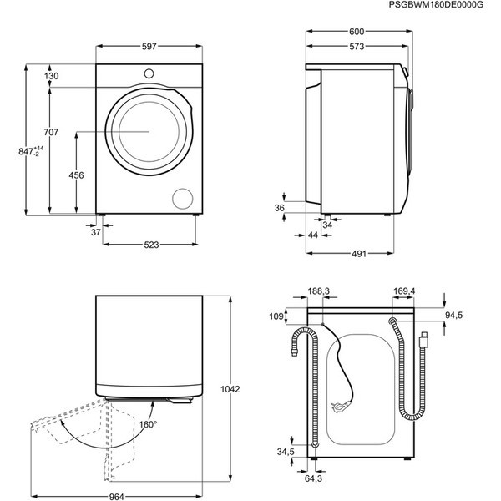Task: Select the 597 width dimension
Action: [149, 47]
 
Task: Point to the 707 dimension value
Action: [51, 132]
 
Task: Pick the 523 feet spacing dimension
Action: [151, 245]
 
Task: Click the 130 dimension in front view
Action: [51, 76]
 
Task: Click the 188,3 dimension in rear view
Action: [319, 291]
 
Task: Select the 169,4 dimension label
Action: [404, 291]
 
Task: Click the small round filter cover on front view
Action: [180, 198]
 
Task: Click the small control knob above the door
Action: [149, 74]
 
